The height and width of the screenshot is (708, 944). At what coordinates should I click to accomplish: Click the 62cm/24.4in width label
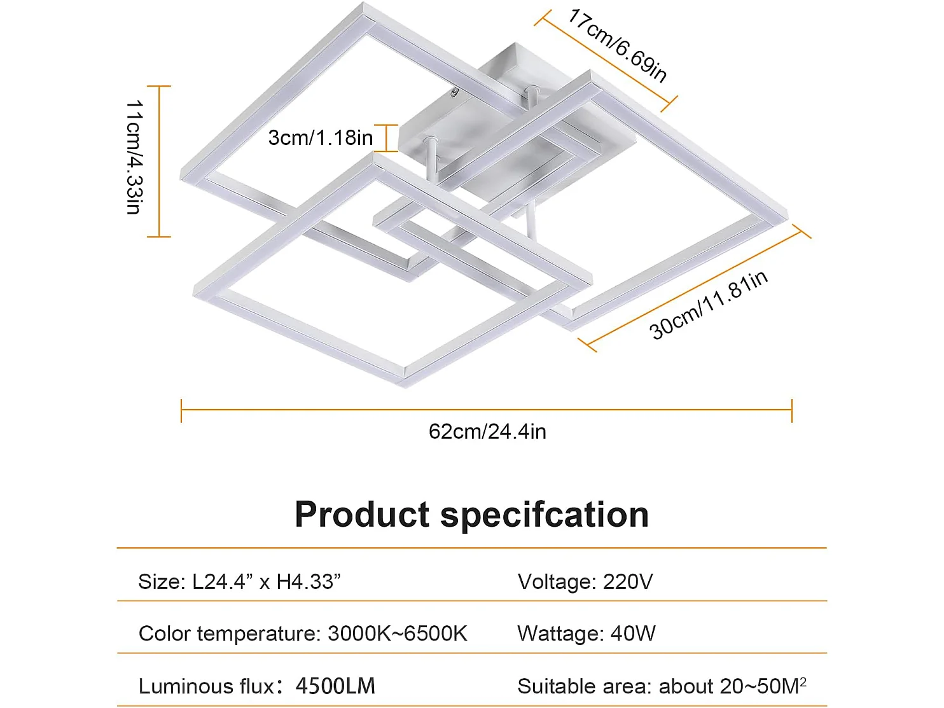(487, 431)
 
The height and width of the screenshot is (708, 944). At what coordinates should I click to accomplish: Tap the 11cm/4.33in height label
(134, 156)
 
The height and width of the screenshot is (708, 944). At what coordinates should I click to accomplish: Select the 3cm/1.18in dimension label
(320, 137)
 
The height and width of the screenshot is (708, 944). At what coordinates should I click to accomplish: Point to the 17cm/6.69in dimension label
(618, 45)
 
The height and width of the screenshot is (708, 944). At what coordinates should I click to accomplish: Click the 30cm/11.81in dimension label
(708, 305)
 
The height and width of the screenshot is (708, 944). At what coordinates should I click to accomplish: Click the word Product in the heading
(362, 515)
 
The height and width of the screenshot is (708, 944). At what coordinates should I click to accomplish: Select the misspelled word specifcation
(545, 515)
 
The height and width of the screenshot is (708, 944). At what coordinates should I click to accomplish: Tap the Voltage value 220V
(628, 581)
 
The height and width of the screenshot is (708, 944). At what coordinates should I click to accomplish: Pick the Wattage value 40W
(633, 634)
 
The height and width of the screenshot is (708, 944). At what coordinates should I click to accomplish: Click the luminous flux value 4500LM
(335, 686)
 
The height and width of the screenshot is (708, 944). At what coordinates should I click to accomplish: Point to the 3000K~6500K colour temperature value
(398, 634)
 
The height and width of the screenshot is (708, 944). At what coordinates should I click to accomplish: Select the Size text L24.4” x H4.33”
(267, 581)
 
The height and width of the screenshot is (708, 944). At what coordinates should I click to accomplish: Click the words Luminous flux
(206, 686)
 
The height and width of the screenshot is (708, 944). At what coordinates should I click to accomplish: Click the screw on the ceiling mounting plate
(454, 92)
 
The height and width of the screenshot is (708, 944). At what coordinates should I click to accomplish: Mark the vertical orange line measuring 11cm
(159, 161)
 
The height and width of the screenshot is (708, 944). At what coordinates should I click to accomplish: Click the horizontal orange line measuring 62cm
(487, 410)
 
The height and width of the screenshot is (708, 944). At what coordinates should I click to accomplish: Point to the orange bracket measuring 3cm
(391, 138)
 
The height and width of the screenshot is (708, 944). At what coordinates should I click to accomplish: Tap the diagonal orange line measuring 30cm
(694, 289)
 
